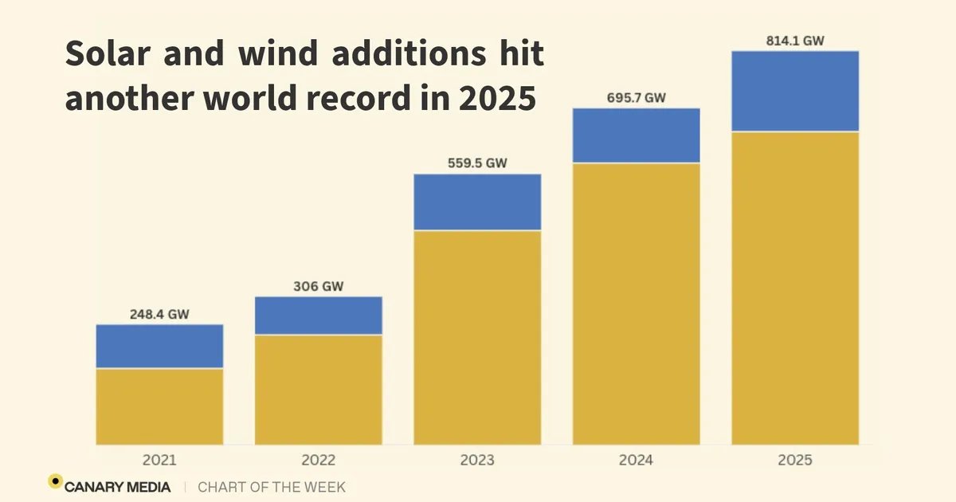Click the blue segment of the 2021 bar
[159, 346]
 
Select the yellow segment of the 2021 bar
[159, 406]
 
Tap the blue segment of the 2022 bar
[318, 316]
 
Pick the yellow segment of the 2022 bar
[318, 390]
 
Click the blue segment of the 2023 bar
[477, 202]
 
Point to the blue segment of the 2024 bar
[636, 135]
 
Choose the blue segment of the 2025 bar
[795, 91]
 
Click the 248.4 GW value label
[159, 314]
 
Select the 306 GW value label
[318, 286]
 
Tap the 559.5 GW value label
[477, 163]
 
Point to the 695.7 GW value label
[636, 97]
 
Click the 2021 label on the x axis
[159, 460]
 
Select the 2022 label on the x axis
[318, 460]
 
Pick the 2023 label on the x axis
[477, 460]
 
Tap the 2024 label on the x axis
[636, 460]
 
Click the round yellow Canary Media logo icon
[55, 481]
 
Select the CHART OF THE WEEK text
[272, 486]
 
